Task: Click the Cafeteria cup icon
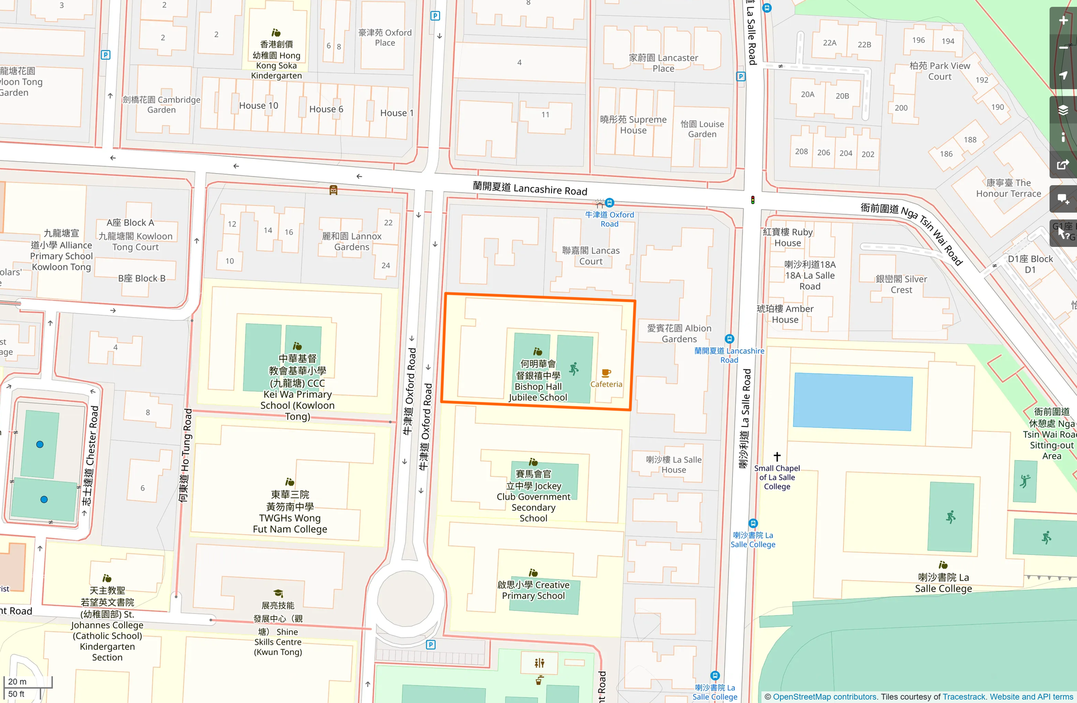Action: pyautogui.click(x=606, y=373)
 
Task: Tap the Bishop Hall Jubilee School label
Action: pyautogui.click(x=538, y=381)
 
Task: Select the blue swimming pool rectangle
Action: pyautogui.click(x=852, y=402)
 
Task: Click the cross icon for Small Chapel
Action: pyautogui.click(x=777, y=456)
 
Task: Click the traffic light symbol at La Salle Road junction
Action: pyautogui.click(x=752, y=200)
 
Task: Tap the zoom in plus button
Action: pyautogui.click(x=1063, y=21)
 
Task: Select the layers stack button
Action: pyautogui.click(x=1063, y=110)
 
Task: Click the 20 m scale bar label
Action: pyautogui.click(x=17, y=681)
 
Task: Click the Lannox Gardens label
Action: pyautogui.click(x=352, y=241)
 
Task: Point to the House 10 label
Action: pyautogui.click(x=258, y=106)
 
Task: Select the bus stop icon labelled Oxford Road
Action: pyautogui.click(x=609, y=203)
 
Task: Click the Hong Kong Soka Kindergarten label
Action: pyautogui.click(x=277, y=60)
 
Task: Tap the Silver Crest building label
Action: pyautogui.click(x=901, y=284)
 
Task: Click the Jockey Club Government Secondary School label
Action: pyautogui.click(x=533, y=496)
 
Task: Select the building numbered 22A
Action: pyautogui.click(x=829, y=43)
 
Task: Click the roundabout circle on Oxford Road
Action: pyautogui.click(x=405, y=598)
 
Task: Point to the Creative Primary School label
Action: pyautogui.click(x=533, y=590)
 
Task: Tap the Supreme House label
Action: pyautogui.click(x=633, y=125)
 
